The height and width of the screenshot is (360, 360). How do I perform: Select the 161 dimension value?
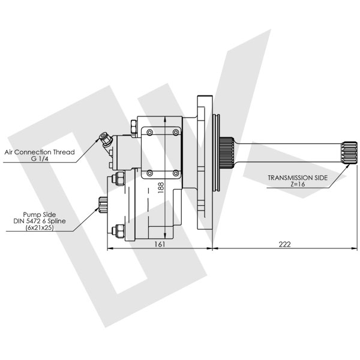click(x=159, y=244)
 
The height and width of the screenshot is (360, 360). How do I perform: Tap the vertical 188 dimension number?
click(x=160, y=188)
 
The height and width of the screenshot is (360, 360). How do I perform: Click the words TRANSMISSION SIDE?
click(x=298, y=178)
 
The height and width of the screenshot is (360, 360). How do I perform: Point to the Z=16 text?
click(x=298, y=185)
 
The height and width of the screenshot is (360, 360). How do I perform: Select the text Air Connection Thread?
click(x=40, y=152)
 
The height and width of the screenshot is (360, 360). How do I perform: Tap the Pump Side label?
click(x=40, y=214)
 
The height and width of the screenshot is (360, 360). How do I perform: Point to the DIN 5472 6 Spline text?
click(x=40, y=221)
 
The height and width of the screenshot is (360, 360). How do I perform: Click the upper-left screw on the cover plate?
click(x=149, y=131)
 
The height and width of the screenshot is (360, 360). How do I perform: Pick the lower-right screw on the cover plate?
click(x=175, y=173)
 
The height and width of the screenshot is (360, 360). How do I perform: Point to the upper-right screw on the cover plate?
click(x=175, y=131)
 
